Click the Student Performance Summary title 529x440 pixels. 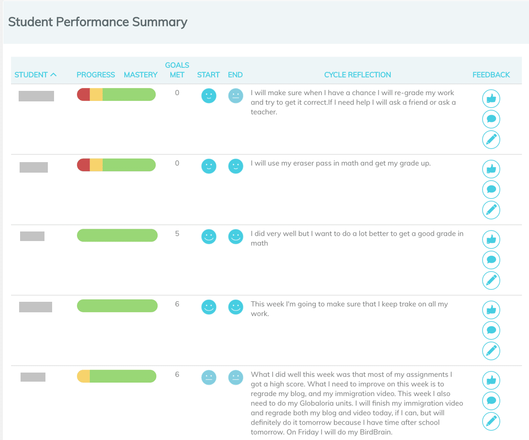click(x=98, y=22)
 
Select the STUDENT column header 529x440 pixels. click(x=31, y=75)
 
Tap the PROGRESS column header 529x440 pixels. click(x=96, y=75)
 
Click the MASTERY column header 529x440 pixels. click(x=141, y=75)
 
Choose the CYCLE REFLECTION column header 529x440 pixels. click(x=357, y=75)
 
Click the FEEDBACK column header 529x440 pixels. click(x=491, y=75)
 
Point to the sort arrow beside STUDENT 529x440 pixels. click(x=53, y=75)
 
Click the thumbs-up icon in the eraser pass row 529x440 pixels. click(x=491, y=169)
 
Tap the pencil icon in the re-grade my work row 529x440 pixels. click(x=491, y=140)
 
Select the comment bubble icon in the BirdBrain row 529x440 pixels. click(x=491, y=401)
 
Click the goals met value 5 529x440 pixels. click(x=177, y=234)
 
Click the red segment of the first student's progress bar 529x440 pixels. click(x=84, y=95)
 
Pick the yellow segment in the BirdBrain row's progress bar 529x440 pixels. click(x=84, y=376)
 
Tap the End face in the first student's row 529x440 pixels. click(x=235, y=96)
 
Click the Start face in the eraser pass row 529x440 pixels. click(x=209, y=166)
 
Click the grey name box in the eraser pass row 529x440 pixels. click(x=33, y=167)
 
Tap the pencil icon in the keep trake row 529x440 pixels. click(x=491, y=351)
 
